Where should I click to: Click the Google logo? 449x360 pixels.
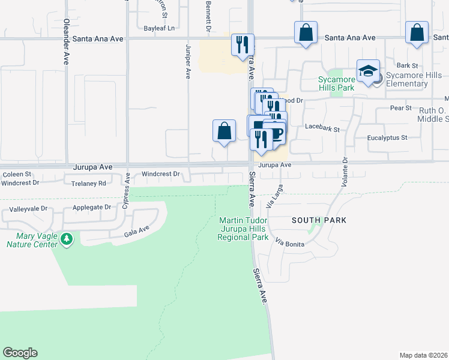[20, 353]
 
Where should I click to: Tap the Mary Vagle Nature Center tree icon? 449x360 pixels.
[67, 240]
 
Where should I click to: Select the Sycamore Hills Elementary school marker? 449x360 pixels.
[367, 72]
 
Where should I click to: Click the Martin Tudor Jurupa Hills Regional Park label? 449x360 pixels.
[243, 229]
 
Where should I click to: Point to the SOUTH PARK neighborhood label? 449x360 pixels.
[319, 220]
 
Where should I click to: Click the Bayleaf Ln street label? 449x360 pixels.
[159, 28]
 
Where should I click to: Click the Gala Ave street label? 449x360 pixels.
[136, 230]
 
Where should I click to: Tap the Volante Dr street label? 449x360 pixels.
[345, 172]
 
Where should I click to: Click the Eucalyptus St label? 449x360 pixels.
[387, 137]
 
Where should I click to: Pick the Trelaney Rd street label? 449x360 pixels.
[88, 183]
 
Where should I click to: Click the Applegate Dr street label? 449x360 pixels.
[92, 207]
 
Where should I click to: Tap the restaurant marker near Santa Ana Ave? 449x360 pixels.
[242, 46]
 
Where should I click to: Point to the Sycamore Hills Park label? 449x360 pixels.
[336, 83]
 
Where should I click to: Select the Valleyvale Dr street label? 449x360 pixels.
[28, 210]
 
